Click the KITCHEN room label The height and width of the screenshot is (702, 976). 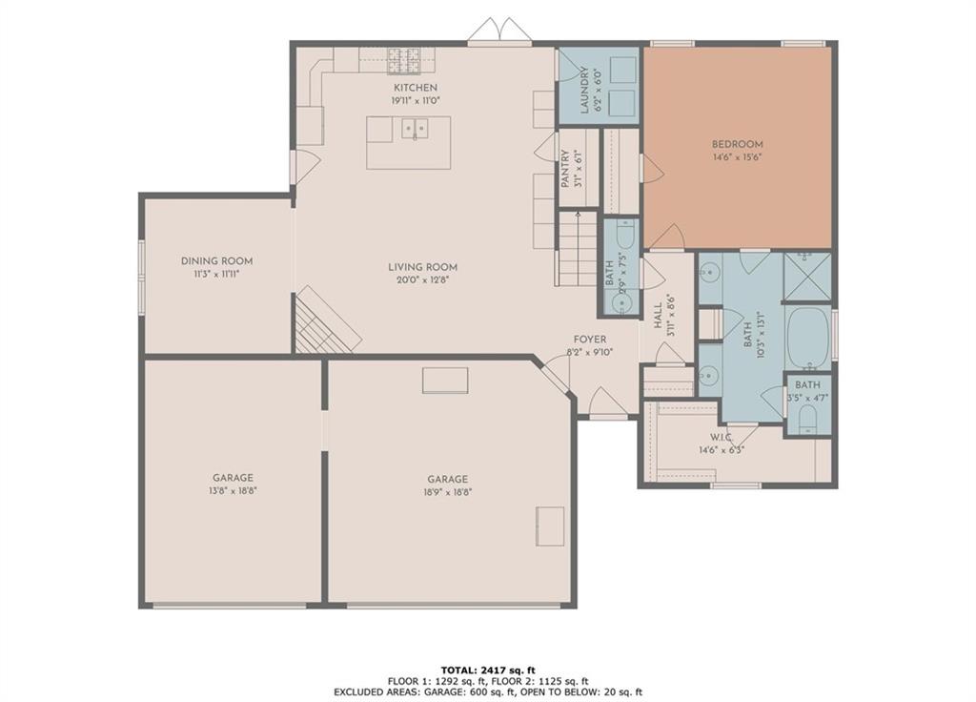pyautogui.click(x=416, y=88)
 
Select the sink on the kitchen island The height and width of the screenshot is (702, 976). pyautogui.click(x=415, y=130)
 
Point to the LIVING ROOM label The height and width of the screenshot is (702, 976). pyautogui.click(x=422, y=267)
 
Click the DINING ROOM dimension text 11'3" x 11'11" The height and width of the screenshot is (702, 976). pyautogui.click(x=216, y=274)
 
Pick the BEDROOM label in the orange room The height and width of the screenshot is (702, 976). pyautogui.click(x=738, y=145)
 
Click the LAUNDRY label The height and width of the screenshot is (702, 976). pyautogui.click(x=584, y=91)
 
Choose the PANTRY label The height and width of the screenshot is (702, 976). pyautogui.click(x=565, y=169)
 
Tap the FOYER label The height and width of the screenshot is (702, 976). pyautogui.click(x=589, y=340)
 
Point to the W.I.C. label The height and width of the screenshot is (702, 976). pyautogui.click(x=722, y=437)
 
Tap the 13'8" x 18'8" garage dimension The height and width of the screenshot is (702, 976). pyautogui.click(x=233, y=491)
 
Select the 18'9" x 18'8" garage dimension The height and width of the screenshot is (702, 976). pyautogui.click(x=448, y=491)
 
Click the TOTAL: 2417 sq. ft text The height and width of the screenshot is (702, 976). pyautogui.click(x=488, y=671)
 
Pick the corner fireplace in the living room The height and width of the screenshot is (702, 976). pyautogui.click(x=328, y=320)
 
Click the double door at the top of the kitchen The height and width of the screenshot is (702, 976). pyautogui.click(x=499, y=31)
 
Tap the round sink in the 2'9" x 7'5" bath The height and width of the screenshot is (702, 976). pyautogui.click(x=620, y=303)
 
